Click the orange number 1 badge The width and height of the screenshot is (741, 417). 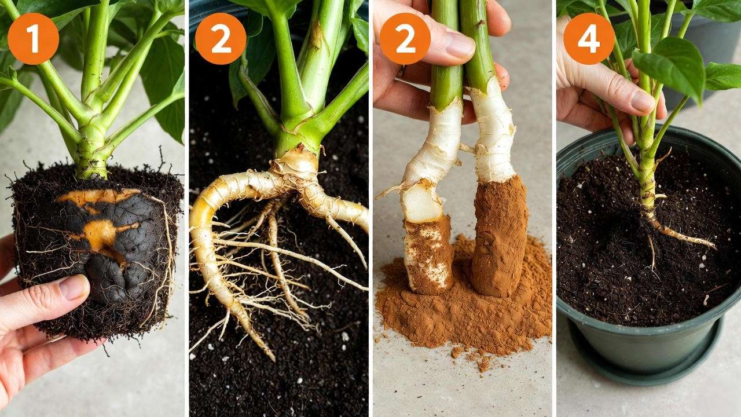tap(33, 39)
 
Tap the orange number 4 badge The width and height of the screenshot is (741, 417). tap(589, 39)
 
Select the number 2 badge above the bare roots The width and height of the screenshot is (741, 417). tap(221, 39)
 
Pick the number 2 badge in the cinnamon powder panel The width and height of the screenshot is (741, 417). tap(405, 39)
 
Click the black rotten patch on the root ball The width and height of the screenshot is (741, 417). tap(110, 255)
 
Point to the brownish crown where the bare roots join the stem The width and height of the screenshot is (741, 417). tap(295, 165)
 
